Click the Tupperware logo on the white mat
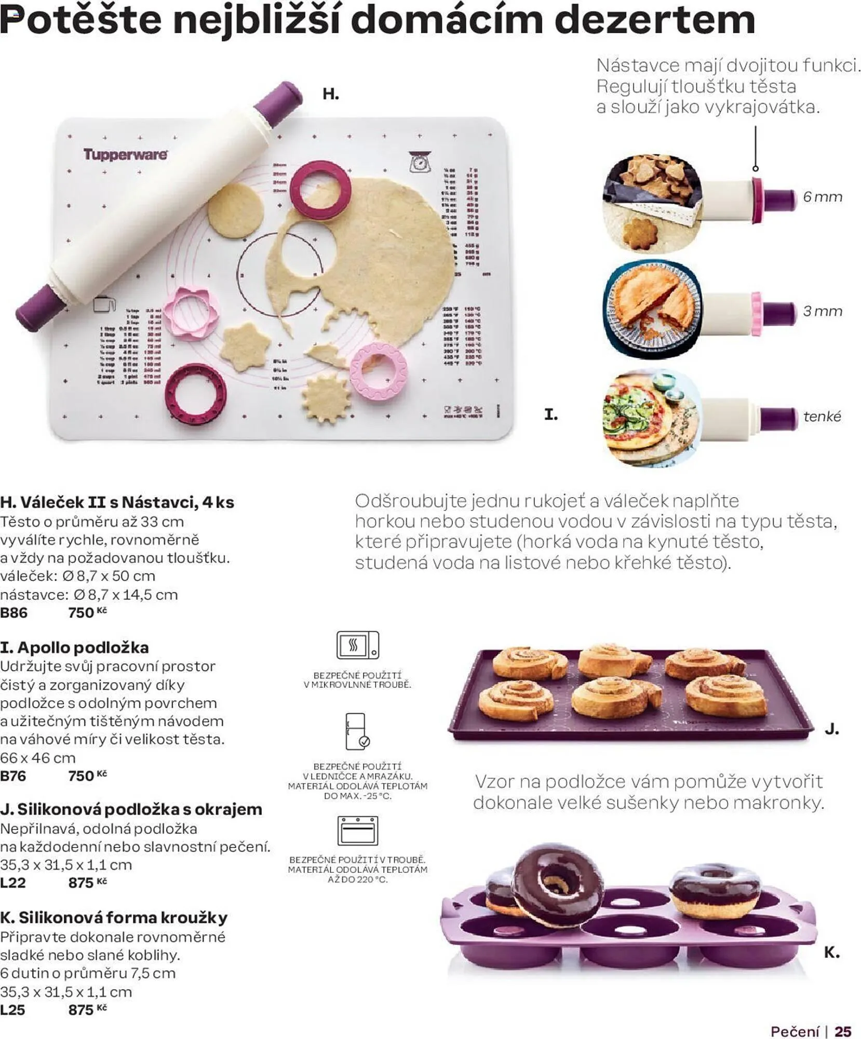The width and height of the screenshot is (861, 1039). [125, 154]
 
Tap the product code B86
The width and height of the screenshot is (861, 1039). [14, 613]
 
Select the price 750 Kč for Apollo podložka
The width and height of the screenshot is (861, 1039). [87, 776]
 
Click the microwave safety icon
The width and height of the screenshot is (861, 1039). [357, 646]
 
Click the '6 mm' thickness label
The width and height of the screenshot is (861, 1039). [822, 197]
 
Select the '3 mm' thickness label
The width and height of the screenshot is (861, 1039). [822, 311]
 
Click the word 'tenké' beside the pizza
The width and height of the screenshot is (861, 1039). [822, 417]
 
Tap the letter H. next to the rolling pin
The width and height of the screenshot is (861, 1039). [330, 94]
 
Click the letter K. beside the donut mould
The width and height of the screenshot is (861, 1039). [831, 952]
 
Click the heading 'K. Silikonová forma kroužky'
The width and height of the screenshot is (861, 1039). [114, 917]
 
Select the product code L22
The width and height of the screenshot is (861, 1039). [13, 883]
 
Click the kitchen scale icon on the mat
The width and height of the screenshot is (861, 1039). [419, 162]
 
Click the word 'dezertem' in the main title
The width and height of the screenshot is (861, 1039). [655, 20]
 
